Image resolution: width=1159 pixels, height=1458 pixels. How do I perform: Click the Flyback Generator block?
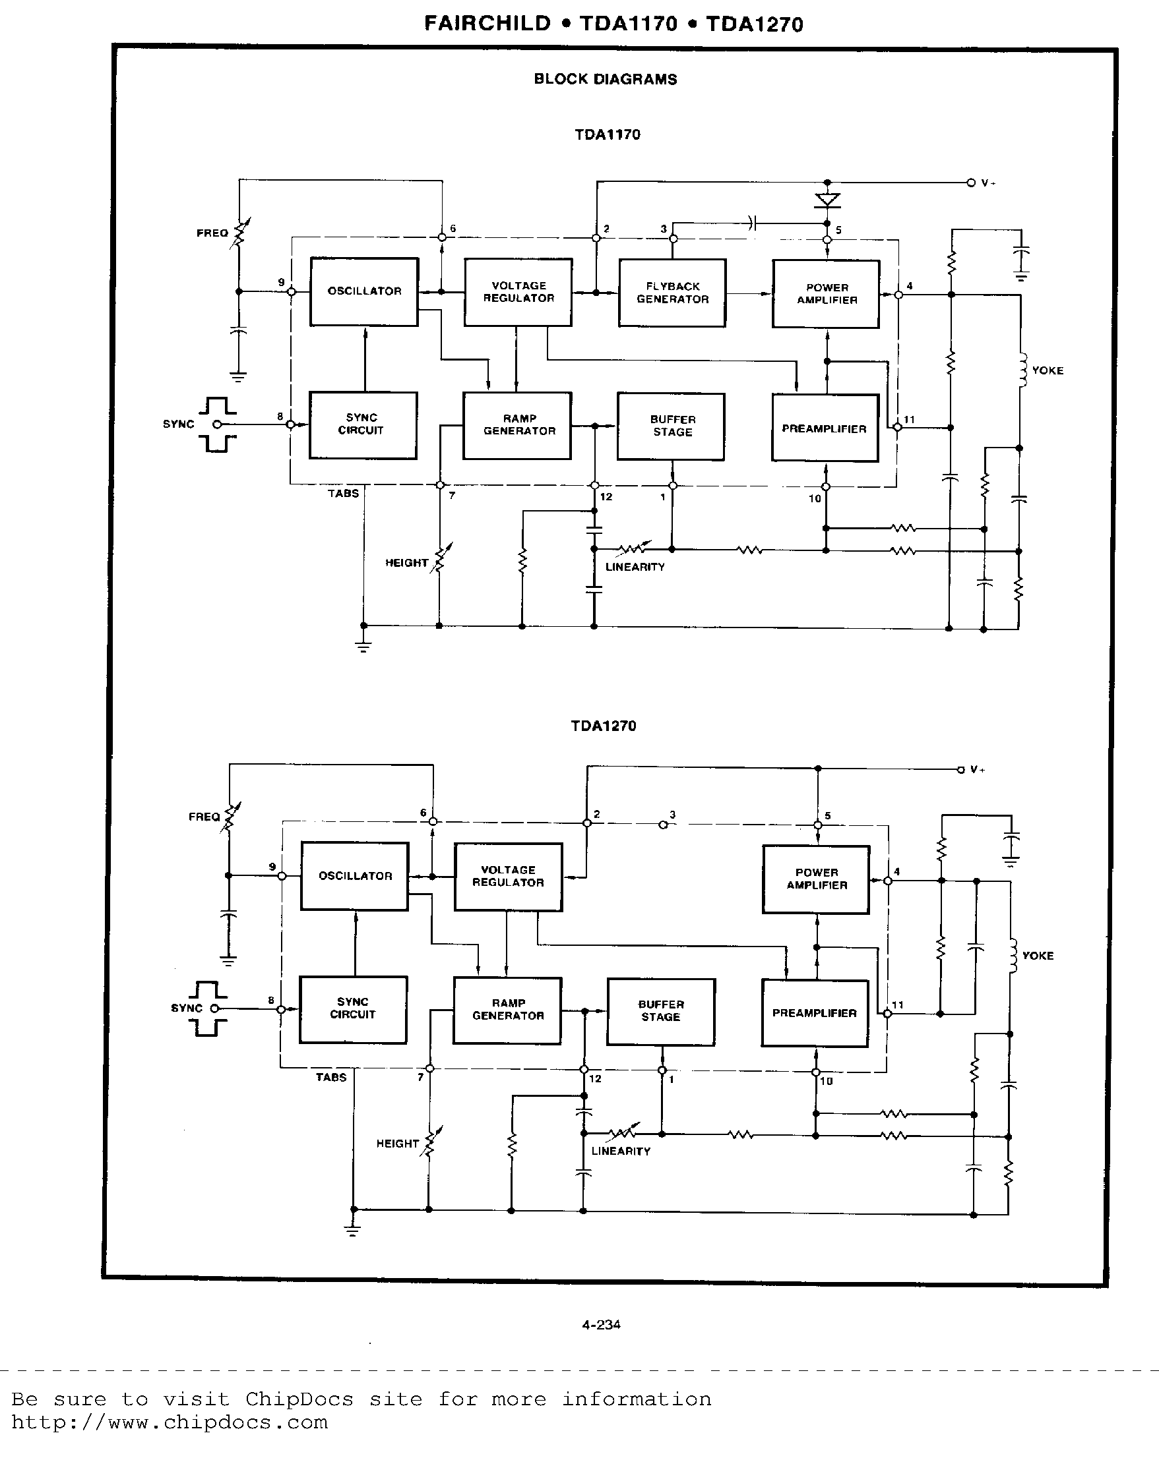[x=672, y=293]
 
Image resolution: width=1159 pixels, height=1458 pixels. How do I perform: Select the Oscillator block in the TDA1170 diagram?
[x=364, y=291]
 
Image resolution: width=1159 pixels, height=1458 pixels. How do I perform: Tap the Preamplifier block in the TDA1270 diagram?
[x=815, y=1013]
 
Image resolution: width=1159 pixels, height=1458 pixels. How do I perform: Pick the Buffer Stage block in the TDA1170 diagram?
[x=671, y=426]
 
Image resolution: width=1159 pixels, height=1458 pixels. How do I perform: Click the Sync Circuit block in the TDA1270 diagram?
[x=352, y=1009]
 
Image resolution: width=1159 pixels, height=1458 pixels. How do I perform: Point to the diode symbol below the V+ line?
[x=827, y=200]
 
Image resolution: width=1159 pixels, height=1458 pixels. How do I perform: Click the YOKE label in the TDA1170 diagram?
[x=1048, y=370]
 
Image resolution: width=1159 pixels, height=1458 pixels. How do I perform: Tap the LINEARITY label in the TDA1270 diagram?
[x=621, y=1151]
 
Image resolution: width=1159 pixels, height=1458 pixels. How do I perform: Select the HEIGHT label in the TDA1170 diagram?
[x=406, y=563]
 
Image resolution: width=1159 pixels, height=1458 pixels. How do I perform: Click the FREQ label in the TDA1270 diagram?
[x=204, y=817]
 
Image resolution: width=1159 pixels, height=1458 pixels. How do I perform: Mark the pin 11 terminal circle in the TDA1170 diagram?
[x=897, y=426]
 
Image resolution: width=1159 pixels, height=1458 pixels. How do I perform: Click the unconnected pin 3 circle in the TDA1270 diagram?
[x=663, y=825]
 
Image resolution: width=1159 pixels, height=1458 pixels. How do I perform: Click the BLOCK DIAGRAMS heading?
[x=606, y=79]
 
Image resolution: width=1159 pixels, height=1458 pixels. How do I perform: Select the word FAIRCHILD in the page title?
[x=487, y=24]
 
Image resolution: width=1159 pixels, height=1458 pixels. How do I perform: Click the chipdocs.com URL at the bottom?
[x=169, y=1422]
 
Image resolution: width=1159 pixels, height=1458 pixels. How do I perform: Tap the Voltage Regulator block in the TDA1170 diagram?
[x=518, y=292]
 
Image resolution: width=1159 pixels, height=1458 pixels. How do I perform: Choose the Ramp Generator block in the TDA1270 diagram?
[x=507, y=1010]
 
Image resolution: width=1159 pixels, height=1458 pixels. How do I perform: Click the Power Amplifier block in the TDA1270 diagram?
[x=816, y=879]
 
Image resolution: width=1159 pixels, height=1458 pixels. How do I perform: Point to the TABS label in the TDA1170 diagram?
[x=343, y=494]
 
